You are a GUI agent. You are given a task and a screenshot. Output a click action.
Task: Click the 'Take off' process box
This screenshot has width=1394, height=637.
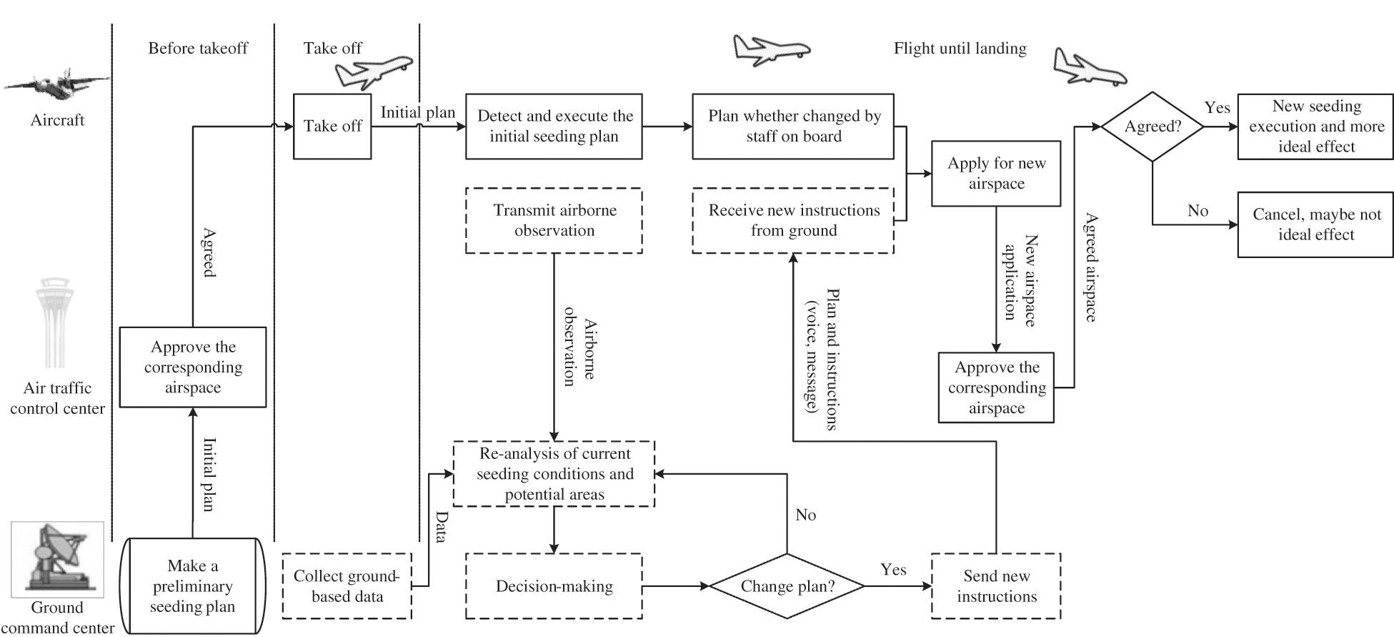pyautogui.click(x=332, y=127)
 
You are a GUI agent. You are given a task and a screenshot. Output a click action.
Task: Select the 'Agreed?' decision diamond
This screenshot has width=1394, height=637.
pyautogui.click(x=1152, y=127)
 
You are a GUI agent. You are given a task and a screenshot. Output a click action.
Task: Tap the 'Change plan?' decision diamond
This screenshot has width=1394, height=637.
pyautogui.click(x=787, y=586)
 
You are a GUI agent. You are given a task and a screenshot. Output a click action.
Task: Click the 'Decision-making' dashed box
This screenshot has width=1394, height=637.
pyautogui.click(x=554, y=586)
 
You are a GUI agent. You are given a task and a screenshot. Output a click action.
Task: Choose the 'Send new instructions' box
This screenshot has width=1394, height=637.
pyautogui.click(x=996, y=586)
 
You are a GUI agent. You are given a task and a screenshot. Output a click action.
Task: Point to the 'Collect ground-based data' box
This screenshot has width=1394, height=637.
pyautogui.click(x=347, y=586)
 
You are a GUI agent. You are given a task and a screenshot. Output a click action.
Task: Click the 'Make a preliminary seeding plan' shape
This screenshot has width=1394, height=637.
pyautogui.click(x=193, y=586)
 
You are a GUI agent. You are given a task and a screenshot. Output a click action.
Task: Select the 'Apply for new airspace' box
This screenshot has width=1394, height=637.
pyautogui.click(x=996, y=174)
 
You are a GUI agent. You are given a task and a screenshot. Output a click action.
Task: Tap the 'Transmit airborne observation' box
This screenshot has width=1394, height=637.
pyautogui.click(x=554, y=220)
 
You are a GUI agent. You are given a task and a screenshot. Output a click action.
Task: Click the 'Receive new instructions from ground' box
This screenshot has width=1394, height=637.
pyautogui.click(x=793, y=220)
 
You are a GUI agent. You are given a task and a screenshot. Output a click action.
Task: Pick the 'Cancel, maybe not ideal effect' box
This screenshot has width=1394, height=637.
pyautogui.click(x=1315, y=224)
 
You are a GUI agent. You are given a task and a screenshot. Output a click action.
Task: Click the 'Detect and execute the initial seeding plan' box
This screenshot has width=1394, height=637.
pyautogui.click(x=554, y=127)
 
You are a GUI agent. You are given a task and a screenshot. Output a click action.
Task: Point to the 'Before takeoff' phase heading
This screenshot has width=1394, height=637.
pyautogui.click(x=198, y=49)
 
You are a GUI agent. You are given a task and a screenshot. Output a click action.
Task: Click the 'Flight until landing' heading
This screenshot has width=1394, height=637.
pyautogui.click(x=960, y=49)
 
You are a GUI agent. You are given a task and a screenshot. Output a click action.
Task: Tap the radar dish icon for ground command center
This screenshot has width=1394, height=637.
pyautogui.click(x=57, y=560)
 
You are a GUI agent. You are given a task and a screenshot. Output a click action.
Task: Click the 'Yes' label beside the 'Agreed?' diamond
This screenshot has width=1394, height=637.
pyautogui.click(x=1217, y=108)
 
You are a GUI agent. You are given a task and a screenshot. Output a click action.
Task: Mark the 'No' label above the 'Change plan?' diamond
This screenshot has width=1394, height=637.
pyautogui.click(x=805, y=515)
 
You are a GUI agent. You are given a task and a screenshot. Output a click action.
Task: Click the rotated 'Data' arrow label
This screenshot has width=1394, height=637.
pyautogui.click(x=442, y=527)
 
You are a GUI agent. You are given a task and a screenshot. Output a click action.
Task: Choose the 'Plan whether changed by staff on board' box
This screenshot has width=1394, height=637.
pyautogui.click(x=793, y=127)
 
